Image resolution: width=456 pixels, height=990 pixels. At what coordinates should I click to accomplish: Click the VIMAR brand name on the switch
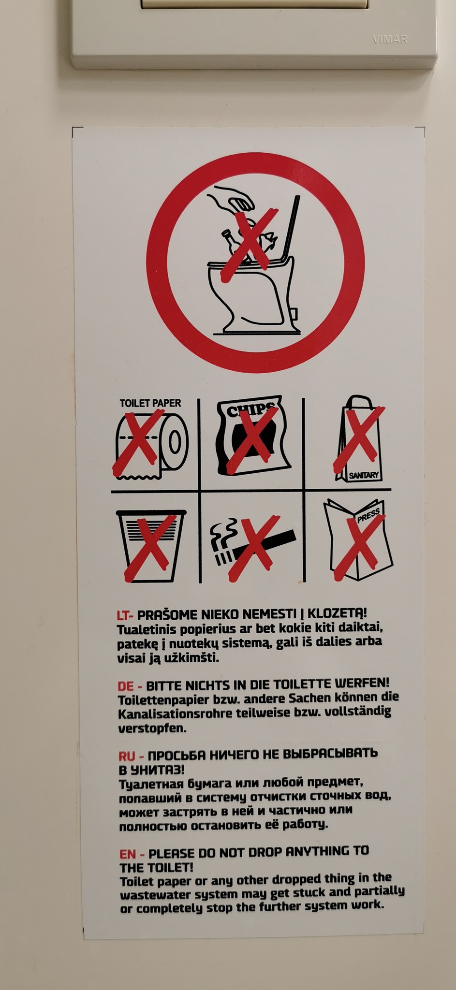390,40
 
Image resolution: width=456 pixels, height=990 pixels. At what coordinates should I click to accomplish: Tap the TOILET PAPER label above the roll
150,403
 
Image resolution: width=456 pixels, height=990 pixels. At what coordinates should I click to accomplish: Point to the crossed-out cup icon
151,545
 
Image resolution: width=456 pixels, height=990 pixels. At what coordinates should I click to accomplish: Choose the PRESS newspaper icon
358,539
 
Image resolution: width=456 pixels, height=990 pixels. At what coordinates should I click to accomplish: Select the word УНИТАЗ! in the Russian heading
158,769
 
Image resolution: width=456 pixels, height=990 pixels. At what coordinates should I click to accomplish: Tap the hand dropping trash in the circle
231,198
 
